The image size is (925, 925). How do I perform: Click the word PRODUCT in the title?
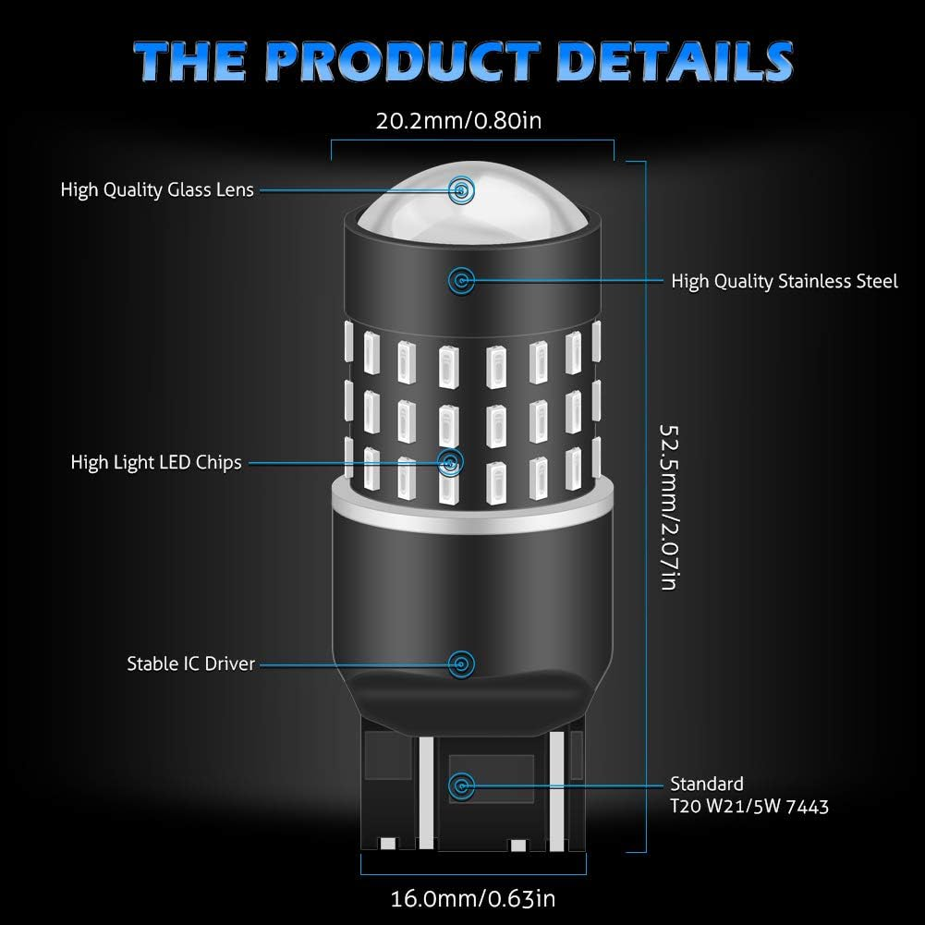pyautogui.click(x=402, y=61)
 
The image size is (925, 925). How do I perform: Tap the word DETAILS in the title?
pyautogui.click(x=675, y=61)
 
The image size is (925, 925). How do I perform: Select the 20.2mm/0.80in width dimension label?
pyautogui.click(x=458, y=120)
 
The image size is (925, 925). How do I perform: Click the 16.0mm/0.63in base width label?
pyautogui.click(x=473, y=898)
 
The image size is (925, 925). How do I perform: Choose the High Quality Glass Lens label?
pyautogui.click(x=157, y=190)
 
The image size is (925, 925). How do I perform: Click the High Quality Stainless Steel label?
pyautogui.click(x=785, y=282)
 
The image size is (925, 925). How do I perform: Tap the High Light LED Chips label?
pyautogui.click(x=156, y=462)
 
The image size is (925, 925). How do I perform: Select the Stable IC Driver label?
pyautogui.click(x=190, y=663)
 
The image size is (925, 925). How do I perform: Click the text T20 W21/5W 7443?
pyautogui.click(x=749, y=807)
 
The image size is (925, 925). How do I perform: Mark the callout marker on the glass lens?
pyautogui.click(x=461, y=190)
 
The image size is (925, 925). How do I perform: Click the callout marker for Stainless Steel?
pyautogui.click(x=461, y=281)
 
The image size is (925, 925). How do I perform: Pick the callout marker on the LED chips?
pyautogui.click(x=451, y=462)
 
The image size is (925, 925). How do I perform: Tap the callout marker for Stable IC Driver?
pyautogui.click(x=461, y=664)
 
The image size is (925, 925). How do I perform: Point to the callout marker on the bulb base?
pyautogui.click(x=461, y=785)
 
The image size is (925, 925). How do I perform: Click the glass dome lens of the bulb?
pyautogui.click(x=472, y=203)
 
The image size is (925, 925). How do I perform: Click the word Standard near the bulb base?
pyautogui.click(x=707, y=784)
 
